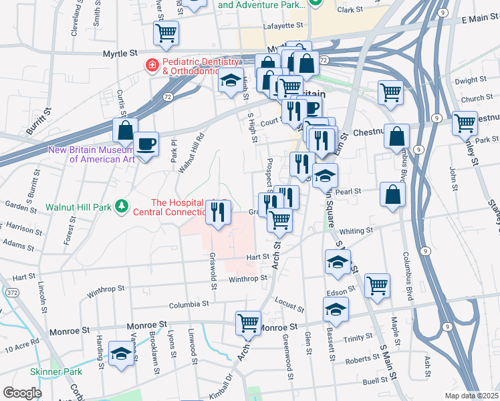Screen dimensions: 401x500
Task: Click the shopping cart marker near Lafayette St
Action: (166, 32)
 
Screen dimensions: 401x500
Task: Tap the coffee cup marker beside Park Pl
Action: (146, 143)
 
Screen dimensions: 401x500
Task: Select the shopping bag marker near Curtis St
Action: (125, 130)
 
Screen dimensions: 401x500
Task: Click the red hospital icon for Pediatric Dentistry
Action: (152, 65)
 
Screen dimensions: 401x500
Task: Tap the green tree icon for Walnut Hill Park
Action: (122, 207)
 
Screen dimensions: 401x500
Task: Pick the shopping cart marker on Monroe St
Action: (249, 323)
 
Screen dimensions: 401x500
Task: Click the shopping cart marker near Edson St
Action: (378, 285)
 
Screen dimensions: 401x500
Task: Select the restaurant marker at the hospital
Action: (219, 212)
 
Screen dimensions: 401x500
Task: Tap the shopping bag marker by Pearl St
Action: (392, 194)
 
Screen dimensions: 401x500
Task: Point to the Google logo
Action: (21, 392)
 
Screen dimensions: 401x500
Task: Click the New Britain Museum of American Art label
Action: (91, 154)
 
